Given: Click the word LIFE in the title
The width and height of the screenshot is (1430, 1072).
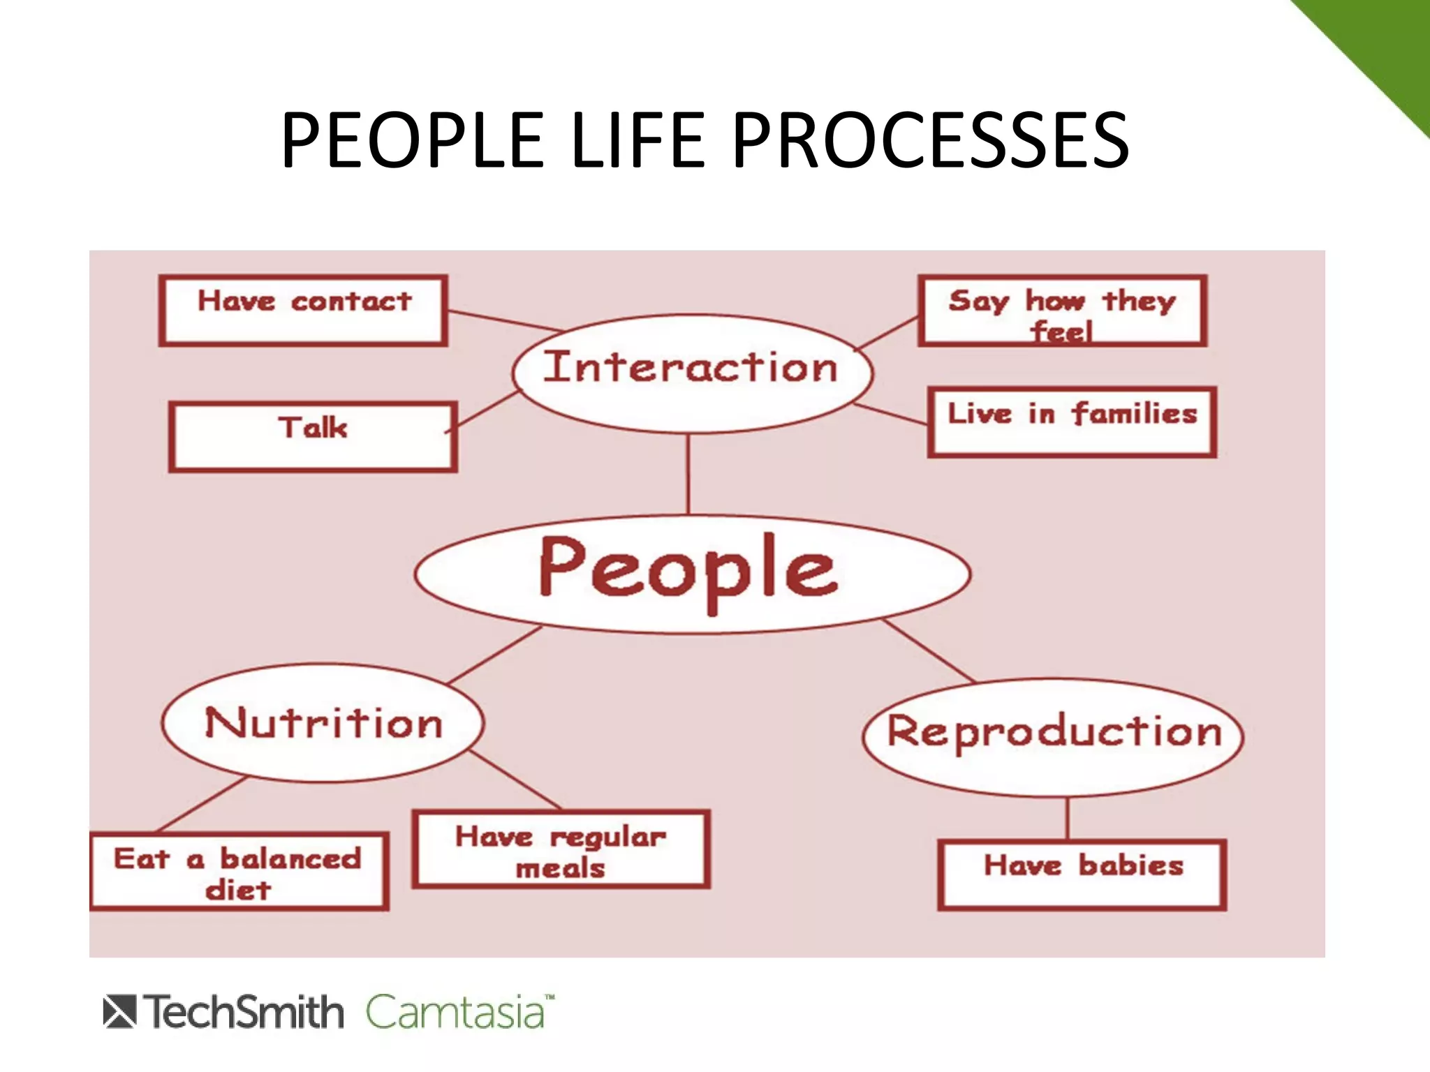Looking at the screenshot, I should point(638,141).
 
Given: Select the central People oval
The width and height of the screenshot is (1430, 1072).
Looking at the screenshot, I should point(691,574).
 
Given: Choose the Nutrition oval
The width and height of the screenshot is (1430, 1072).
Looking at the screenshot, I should point(323,722).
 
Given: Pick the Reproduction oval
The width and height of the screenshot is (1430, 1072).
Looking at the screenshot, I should point(1053,736).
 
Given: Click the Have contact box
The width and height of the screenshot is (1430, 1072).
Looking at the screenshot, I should point(303,310).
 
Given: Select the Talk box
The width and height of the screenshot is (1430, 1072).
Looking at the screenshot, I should point(313,436).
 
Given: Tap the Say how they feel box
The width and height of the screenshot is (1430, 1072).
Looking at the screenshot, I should point(1062,311).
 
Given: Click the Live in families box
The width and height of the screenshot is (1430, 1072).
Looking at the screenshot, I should point(1072,422).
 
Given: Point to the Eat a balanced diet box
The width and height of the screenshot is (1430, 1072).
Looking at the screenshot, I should point(239,872).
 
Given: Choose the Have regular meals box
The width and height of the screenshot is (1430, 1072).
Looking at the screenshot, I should point(561,849).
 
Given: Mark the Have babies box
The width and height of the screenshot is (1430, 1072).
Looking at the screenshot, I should point(1082,874).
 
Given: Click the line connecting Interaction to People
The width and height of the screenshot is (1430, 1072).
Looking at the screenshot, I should point(688,475).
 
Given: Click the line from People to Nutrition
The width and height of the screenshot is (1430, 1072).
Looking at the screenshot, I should point(494,654).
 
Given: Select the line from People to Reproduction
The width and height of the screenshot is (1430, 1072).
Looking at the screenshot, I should point(929,650).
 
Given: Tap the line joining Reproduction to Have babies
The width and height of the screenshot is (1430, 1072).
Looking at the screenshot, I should point(1068,819).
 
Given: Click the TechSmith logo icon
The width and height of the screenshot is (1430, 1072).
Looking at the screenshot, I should point(119,1012).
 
